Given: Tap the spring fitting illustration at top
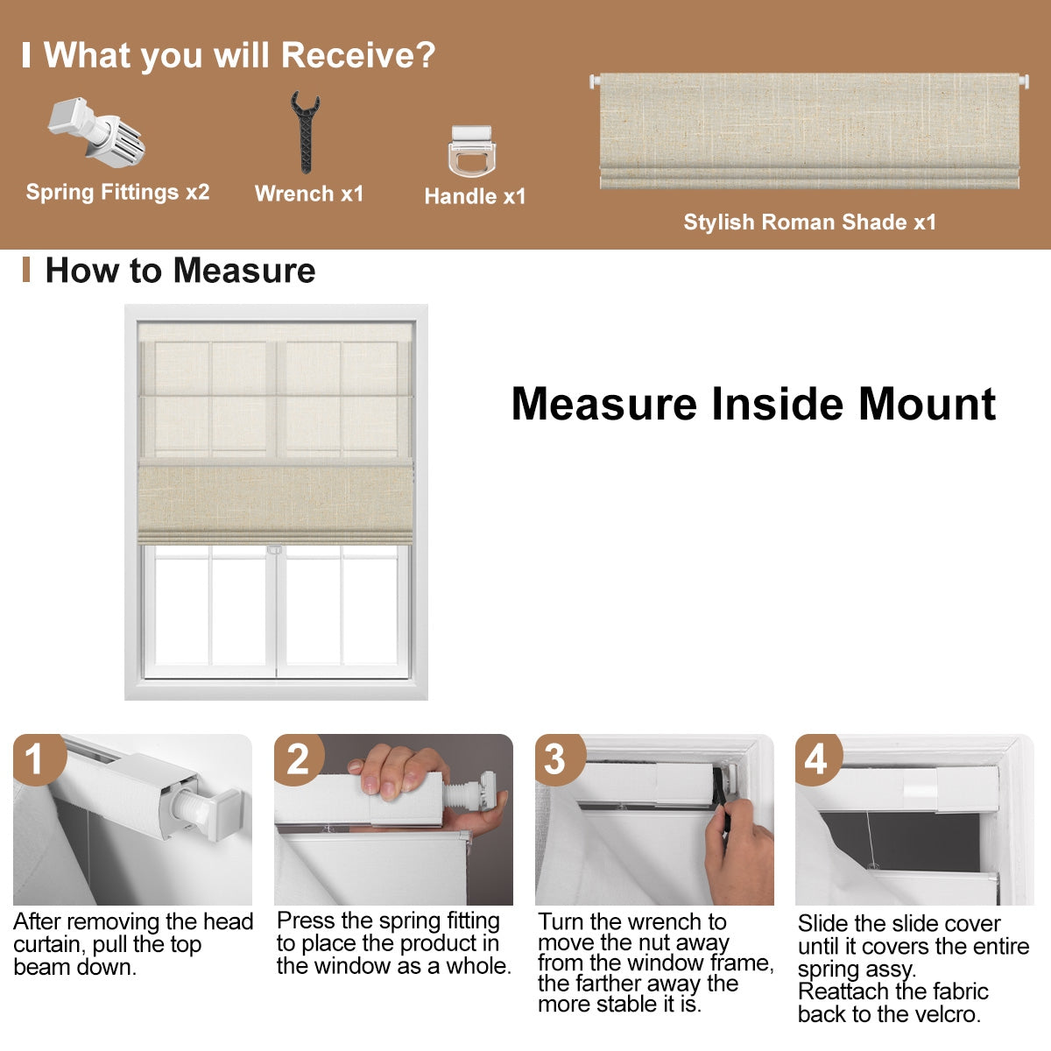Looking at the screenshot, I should coord(96,130).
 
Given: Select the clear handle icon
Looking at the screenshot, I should coord(471,152).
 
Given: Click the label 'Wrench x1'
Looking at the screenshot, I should coord(308,194).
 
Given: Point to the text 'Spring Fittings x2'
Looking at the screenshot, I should coord(117,192).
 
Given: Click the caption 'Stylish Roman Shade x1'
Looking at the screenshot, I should coord(809,222).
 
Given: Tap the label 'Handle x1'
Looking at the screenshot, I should coord(475,196).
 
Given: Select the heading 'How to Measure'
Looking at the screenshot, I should coord(180,270).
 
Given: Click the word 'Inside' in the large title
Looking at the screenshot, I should coord(779,404).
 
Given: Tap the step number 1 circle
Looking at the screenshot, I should coord(35,758).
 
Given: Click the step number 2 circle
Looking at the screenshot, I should coord(298,758).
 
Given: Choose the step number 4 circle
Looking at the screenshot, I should coord(816,758).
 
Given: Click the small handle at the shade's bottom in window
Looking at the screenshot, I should coord(274,550).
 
